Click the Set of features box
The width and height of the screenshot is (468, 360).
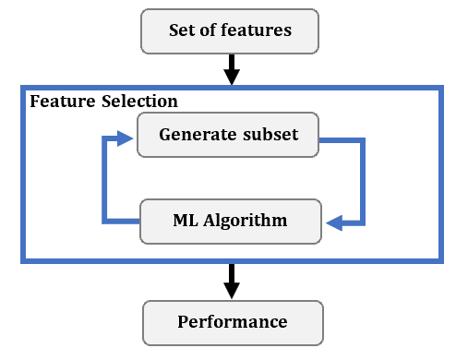click(230, 31)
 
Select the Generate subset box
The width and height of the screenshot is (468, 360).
click(228, 135)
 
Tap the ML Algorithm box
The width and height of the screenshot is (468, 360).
click(230, 221)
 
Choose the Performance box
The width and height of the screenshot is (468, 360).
click(232, 322)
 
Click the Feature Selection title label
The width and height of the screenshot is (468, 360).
click(103, 101)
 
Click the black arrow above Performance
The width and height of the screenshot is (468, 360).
click(232, 281)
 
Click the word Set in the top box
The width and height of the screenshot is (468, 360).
click(183, 30)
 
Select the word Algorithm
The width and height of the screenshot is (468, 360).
click(248, 221)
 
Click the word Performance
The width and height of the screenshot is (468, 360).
click(232, 322)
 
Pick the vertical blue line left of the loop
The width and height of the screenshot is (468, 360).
click(102, 181)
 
